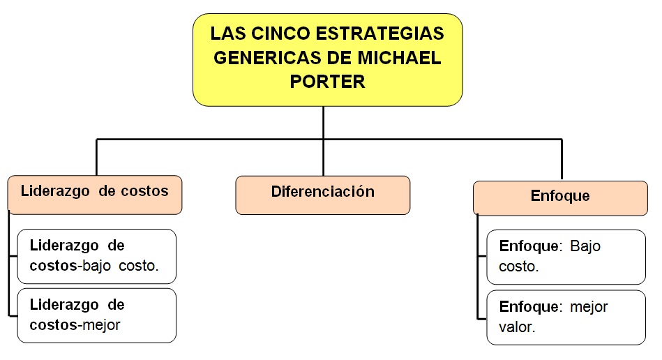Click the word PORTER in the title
click(327, 82)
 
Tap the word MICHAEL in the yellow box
click(399, 58)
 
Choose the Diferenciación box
click(323, 195)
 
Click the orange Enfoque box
click(560, 198)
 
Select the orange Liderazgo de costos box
click(95, 195)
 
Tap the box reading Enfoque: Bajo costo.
click(566, 257)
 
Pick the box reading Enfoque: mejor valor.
click(566, 317)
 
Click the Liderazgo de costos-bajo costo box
click(97, 256)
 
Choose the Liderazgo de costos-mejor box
click(97, 315)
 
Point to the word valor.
click(517, 327)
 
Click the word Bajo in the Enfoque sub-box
click(585, 246)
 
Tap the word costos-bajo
click(70, 266)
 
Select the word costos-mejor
click(75, 325)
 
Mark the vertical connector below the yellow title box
click(324, 141)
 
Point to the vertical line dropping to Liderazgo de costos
click(97, 157)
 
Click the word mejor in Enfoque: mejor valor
click(589, 307)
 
